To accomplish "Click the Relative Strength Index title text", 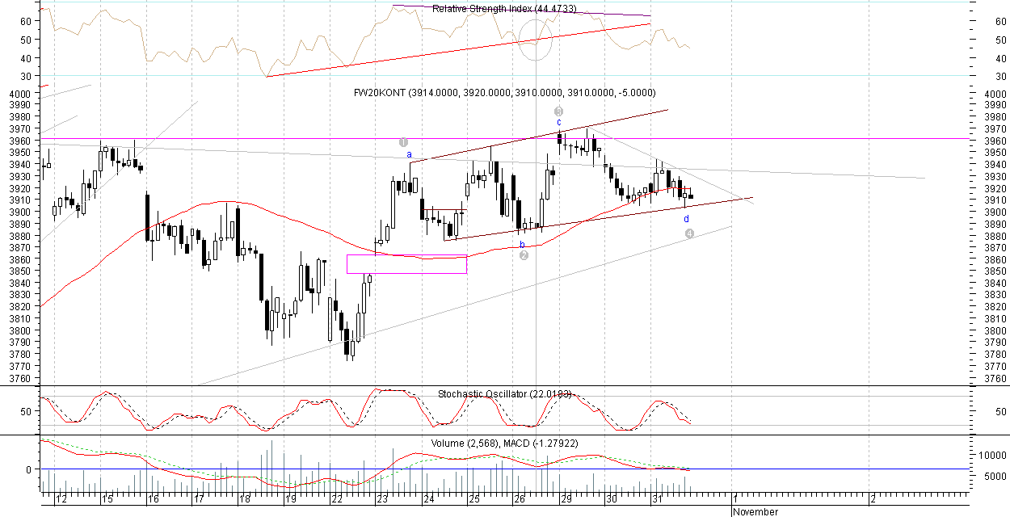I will click(x=504, y=9).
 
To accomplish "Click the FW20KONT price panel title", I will click(x=504, y=93).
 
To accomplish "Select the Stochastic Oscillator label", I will click(x=504, y=394).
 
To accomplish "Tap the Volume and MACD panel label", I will click(x=504, y=443).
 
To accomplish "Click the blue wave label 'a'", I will click(x=409, y=154).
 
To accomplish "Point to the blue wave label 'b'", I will click(x=522, y=244).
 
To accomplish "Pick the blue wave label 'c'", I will click(x=558, y=122).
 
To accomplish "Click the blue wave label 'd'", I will click(x=687, y=219).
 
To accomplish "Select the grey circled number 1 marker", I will click(x=403, y=142).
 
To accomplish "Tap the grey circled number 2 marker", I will click(x=524, y=255).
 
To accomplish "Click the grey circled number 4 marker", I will click(x=689, y=233).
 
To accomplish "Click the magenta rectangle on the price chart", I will click(x=406, y=264).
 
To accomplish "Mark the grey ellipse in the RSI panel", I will click(x=535, y=40).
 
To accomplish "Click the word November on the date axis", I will click(x=756, y=512).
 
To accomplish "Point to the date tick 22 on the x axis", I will click(x=335, y=499).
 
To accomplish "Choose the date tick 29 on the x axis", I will click(x=566, y=499).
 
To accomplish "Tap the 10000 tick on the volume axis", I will click(x=991, y=456).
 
